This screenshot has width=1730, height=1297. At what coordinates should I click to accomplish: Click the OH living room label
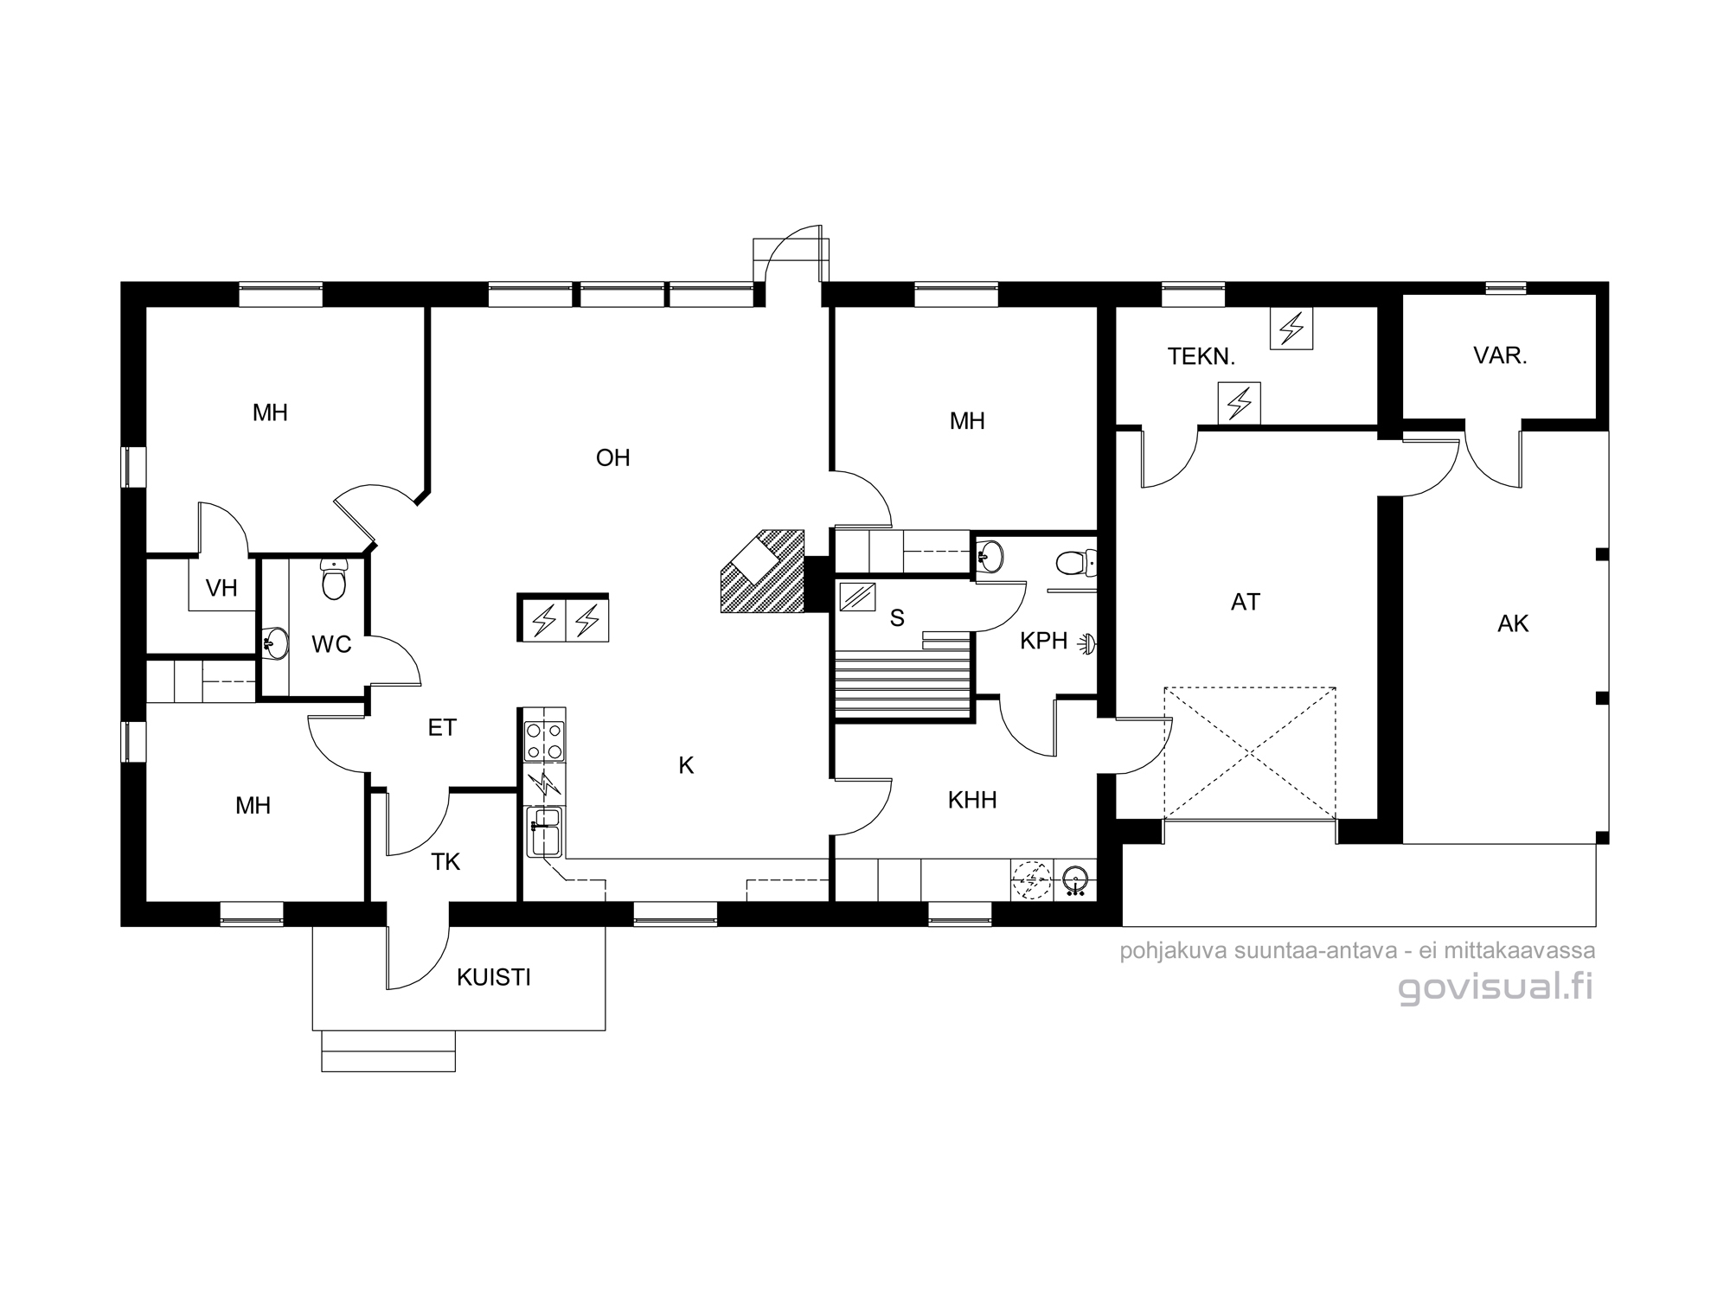(612, 457)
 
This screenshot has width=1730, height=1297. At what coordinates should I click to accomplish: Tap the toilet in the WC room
(333, 578)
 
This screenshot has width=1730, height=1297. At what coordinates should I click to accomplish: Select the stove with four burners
(545, 741)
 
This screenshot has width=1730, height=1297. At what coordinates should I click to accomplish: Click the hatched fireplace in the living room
(762, 572)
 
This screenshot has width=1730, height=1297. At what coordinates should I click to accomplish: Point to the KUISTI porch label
(494, 977)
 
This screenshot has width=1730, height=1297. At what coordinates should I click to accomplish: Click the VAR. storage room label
(1500, 355)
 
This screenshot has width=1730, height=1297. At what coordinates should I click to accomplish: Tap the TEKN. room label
(1201, 356)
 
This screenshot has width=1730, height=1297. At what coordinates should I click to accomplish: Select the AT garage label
(1246, 602)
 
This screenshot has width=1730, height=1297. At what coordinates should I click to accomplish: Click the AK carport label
(1513, 623)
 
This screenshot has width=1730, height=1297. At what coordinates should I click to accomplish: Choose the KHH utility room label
(972, 800)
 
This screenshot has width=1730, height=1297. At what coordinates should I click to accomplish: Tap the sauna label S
(897, 618)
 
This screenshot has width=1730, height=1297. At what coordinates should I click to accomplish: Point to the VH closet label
(221, 588)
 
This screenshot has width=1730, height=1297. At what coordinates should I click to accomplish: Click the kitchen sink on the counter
(545, 831)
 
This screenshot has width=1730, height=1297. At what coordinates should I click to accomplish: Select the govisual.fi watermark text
(1496, 987)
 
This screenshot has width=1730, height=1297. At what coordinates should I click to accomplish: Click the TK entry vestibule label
(445, 861)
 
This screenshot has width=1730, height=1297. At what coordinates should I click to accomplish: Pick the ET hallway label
(442, 728)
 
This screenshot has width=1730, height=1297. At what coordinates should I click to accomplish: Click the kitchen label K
(686, 765)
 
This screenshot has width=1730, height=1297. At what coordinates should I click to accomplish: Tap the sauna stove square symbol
(857, 597)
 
